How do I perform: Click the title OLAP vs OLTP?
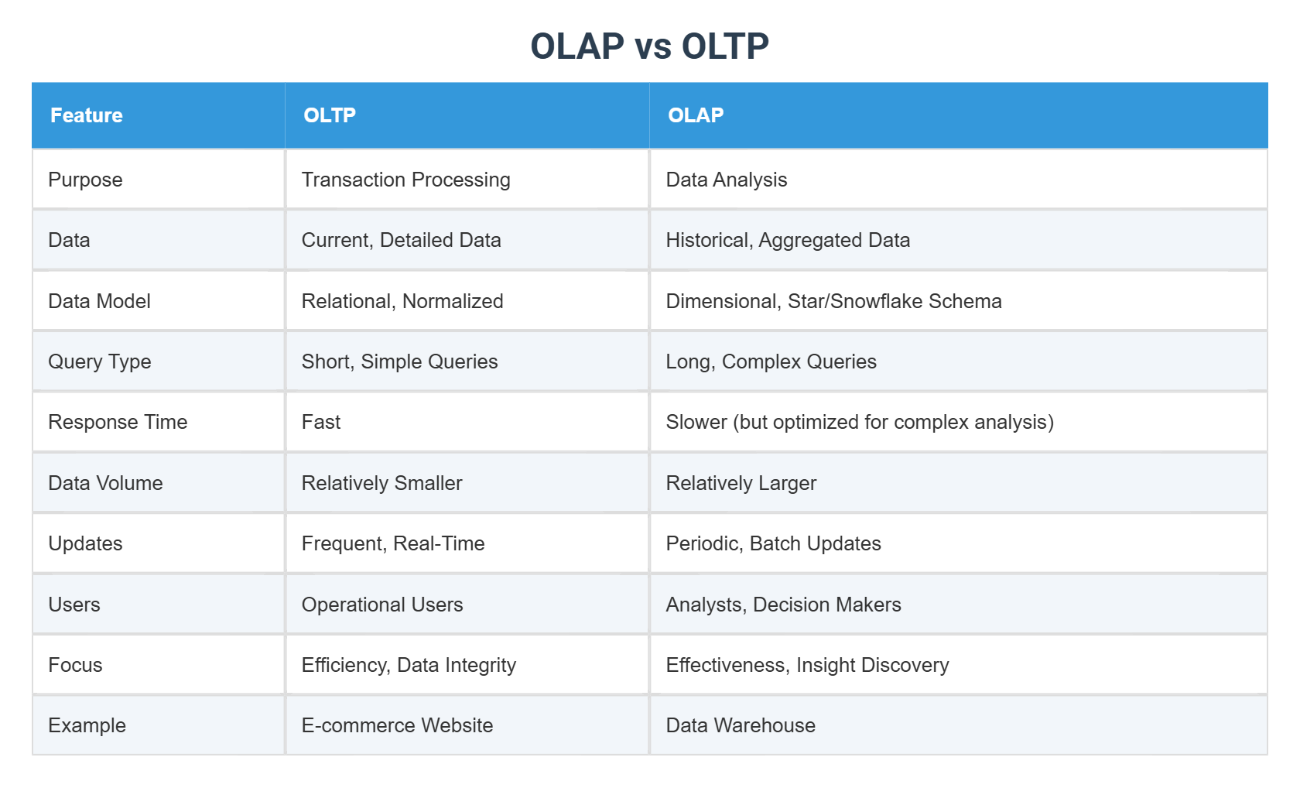click(x=649, y=46)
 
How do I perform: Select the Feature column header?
click(x=87, y=115)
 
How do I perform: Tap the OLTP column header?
click(x=330, y=115)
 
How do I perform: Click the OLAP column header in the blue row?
click(x=696, y=115)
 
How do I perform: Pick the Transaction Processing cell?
click(x=405, y=180)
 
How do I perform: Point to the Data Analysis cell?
click(x=726, y=180)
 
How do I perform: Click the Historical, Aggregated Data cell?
click(x=787, y=240)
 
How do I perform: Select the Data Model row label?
click(x=99, y=301)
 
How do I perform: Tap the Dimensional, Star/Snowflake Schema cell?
click(x=833, y=301)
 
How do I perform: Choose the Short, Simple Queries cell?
click(x=399, y=361)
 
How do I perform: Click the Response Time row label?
click(x=118, y=422)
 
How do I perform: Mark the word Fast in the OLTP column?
click(x=321, y=422)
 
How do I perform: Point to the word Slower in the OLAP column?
click(x=696, y=422)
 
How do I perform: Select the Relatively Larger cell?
click(x=741, y=483)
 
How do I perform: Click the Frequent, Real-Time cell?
click(x=392, y=543)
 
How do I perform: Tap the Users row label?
click(x=74, y=605)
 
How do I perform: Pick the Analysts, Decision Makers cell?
click(x=783, y=605)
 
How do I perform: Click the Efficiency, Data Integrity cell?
click(x=409, y=665)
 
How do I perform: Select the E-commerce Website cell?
click(x=397, y=725)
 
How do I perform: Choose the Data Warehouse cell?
click(x=741, y=725)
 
